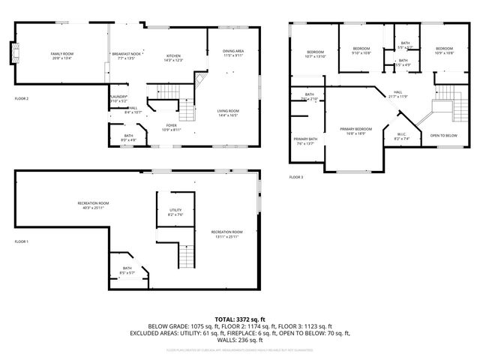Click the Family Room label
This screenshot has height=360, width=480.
pos(61,55)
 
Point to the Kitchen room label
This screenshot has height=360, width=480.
pos(174,57)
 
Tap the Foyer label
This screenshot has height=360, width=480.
pos(172,127)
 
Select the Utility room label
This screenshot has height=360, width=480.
pos(175,211)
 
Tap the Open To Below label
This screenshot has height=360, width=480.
pos(443,136)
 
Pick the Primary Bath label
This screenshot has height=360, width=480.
pos(305,141)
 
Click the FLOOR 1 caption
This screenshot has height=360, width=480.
pos(22,241)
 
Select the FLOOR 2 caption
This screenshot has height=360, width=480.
pos(22,98)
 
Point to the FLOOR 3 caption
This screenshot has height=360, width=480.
pos(296,177)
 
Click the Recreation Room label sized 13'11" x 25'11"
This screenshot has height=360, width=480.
pos(226,234)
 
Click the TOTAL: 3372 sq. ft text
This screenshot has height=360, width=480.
pos(240,319)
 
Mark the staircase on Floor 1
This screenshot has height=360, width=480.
pos(186,256)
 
